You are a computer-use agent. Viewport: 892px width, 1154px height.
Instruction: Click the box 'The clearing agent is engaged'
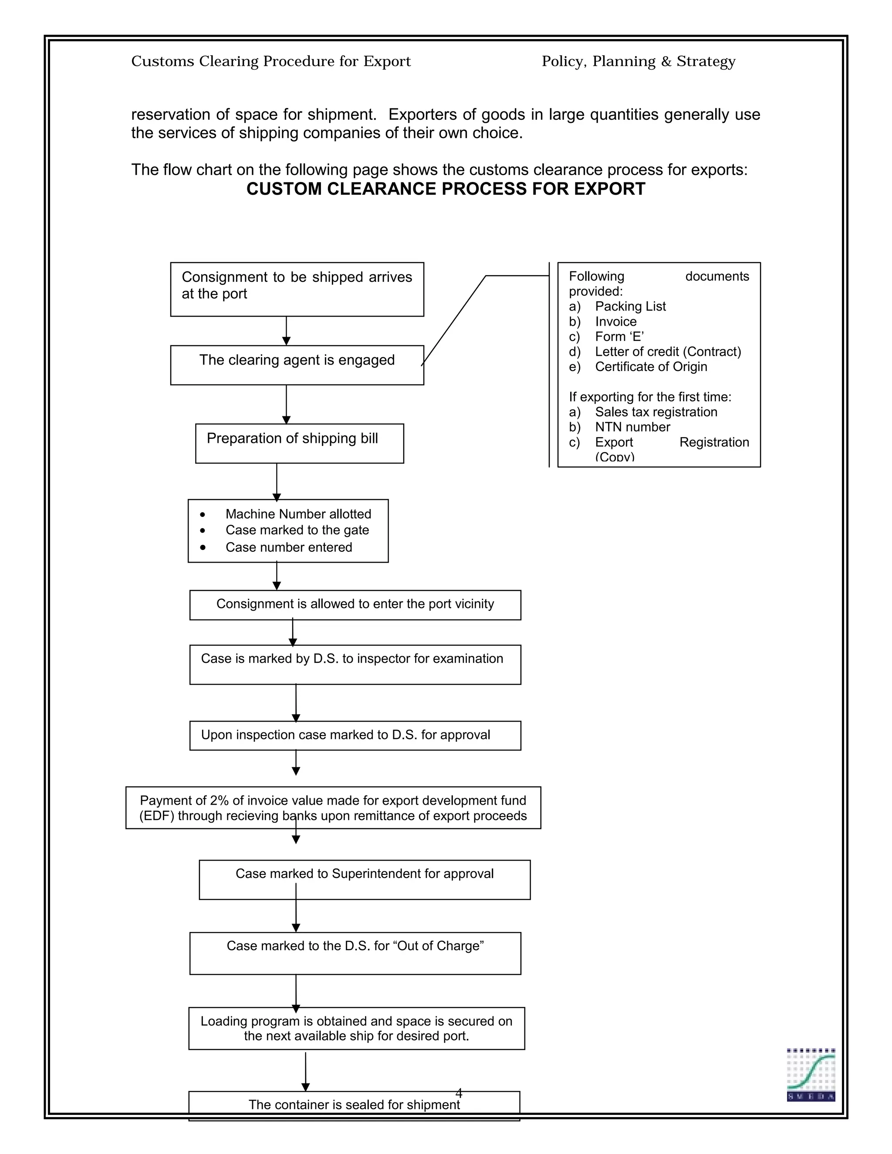point(297,364)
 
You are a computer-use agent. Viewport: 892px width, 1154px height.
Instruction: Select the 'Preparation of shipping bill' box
point(299,443)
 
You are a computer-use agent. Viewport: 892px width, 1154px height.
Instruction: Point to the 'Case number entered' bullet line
point(288,547)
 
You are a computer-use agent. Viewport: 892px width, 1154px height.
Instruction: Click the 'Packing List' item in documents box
point(630,306)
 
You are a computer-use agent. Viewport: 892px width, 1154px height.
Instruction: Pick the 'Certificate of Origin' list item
point(651,366)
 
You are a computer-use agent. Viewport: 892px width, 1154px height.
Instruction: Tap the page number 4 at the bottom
point(459,1092)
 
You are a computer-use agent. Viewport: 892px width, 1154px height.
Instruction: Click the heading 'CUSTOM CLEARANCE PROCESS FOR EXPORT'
point(446,189)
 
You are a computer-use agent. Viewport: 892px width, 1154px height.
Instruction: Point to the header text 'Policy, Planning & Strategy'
point(639,61)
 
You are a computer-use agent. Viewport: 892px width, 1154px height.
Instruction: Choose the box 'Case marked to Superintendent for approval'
point(364,879)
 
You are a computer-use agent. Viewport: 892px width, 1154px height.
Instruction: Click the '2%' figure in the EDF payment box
point(219,800)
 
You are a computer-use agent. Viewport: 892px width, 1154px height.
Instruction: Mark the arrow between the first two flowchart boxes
point(287,331)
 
